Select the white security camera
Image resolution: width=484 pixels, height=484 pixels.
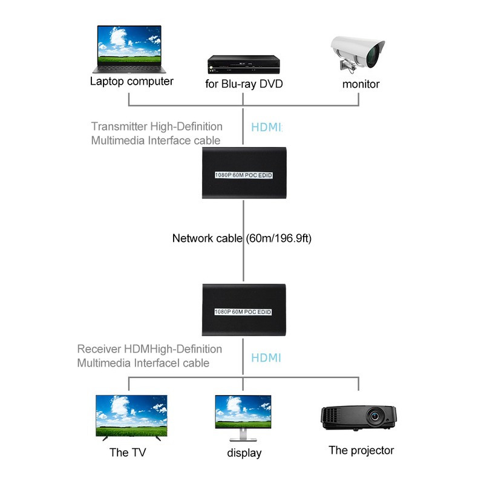tap(359, 56)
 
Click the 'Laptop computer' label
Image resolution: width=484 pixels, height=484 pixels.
tap(132, 81)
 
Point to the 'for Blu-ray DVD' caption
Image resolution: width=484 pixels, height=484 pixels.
tap(244, 84)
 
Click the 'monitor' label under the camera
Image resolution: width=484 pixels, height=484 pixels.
tap(361, 84)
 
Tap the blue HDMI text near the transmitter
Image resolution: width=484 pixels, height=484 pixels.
tap(267, 128)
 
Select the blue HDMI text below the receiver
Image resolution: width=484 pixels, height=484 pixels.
tap(266, 358)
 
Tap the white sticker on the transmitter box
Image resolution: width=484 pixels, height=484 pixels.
tap(243, 175)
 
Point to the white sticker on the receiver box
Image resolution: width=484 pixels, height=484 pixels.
tap(243, 312)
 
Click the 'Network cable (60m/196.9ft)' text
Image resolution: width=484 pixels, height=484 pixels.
tap(242, 238)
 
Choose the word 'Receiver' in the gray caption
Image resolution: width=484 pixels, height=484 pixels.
tap(99, 349)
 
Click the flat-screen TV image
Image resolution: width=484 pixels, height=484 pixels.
tap(132, 416)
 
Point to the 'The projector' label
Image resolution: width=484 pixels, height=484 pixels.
tap(361, 450)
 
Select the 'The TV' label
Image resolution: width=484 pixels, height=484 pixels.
tap(128, 452)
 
